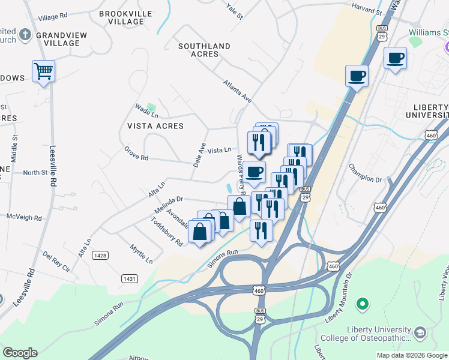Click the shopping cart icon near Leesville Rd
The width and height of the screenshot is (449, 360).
click(43, 71)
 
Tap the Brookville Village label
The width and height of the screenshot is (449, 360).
click(122, 17)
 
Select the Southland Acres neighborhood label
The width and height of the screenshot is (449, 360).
click(204, 50)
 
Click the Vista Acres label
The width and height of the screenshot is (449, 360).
click(155, 126)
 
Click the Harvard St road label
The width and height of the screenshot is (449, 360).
click(367, 12)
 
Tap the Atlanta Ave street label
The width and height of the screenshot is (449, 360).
click(238, 92)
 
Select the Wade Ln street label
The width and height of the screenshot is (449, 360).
click(146, 111)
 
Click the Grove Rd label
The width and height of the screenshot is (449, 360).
click(136, 154)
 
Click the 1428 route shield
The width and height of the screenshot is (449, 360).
click(100, 256)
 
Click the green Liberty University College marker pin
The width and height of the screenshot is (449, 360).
click(362, 305)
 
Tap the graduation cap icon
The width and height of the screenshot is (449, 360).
click(421, 332)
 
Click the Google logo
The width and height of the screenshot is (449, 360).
click(20, 353)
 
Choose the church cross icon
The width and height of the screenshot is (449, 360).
click(25, 34)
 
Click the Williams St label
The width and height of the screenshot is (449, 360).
click(428, 32)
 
